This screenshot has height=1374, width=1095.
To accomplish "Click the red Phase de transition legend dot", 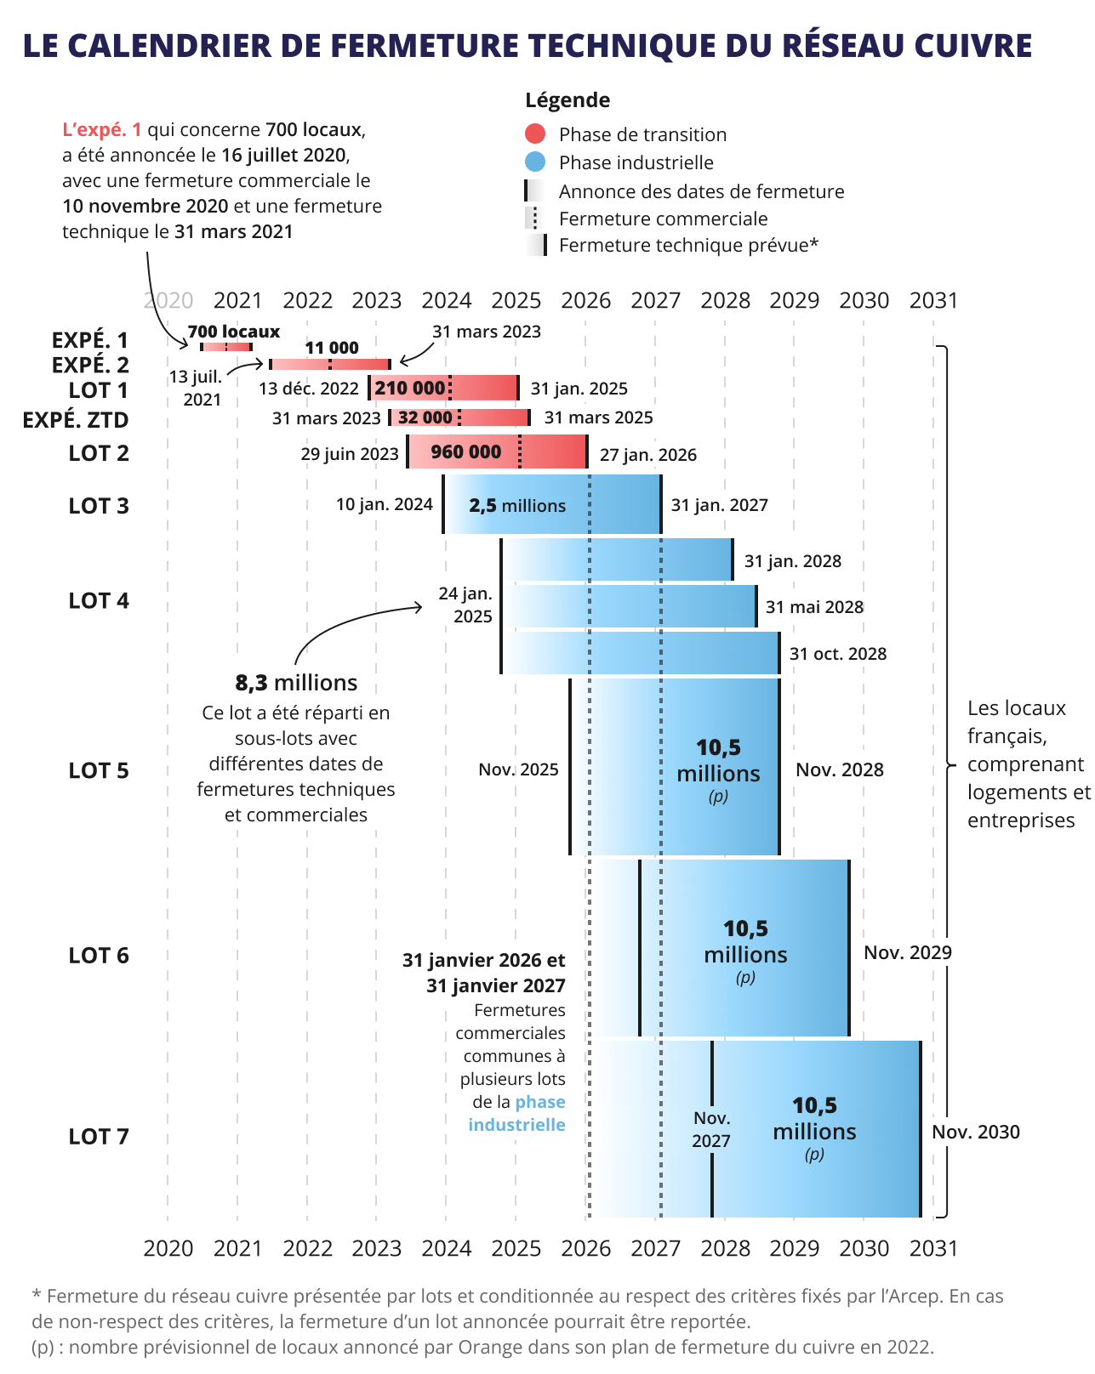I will tap(535, 133).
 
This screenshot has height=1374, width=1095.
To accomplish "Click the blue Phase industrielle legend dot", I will tap(535, 162).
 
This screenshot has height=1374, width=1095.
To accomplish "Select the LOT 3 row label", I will tap(99, 506).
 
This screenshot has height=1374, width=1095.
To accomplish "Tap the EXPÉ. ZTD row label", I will tap(76, 420).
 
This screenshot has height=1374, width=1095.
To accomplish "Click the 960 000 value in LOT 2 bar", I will tap(465, 451).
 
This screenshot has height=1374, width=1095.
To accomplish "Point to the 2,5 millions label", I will tap(517, 506).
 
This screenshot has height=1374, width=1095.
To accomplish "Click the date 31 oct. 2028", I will tap(837, 654).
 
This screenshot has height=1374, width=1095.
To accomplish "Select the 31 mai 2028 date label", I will tap(814, 607).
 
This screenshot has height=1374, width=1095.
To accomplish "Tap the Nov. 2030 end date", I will tap(975, 1132).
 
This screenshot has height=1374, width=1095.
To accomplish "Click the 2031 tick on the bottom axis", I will tap(933, 1248).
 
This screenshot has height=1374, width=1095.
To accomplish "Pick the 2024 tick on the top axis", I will tap(446, 300).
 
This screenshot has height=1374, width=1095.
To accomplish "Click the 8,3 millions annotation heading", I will tap(296, 683).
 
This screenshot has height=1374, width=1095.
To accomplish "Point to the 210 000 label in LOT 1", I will tap(409, 389).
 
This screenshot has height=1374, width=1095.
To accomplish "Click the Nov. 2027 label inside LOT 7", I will tap(711, 1129).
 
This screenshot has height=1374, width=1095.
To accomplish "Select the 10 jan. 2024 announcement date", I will tap(384, 504).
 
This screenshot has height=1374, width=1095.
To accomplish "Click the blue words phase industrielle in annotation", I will tap(517, 1114).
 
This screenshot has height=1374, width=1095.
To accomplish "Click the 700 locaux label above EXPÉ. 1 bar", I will tap(233, 332).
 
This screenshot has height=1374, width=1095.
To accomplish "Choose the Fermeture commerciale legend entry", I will tap(663, 219).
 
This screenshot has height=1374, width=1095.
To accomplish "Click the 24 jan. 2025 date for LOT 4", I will tap(465, 605).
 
